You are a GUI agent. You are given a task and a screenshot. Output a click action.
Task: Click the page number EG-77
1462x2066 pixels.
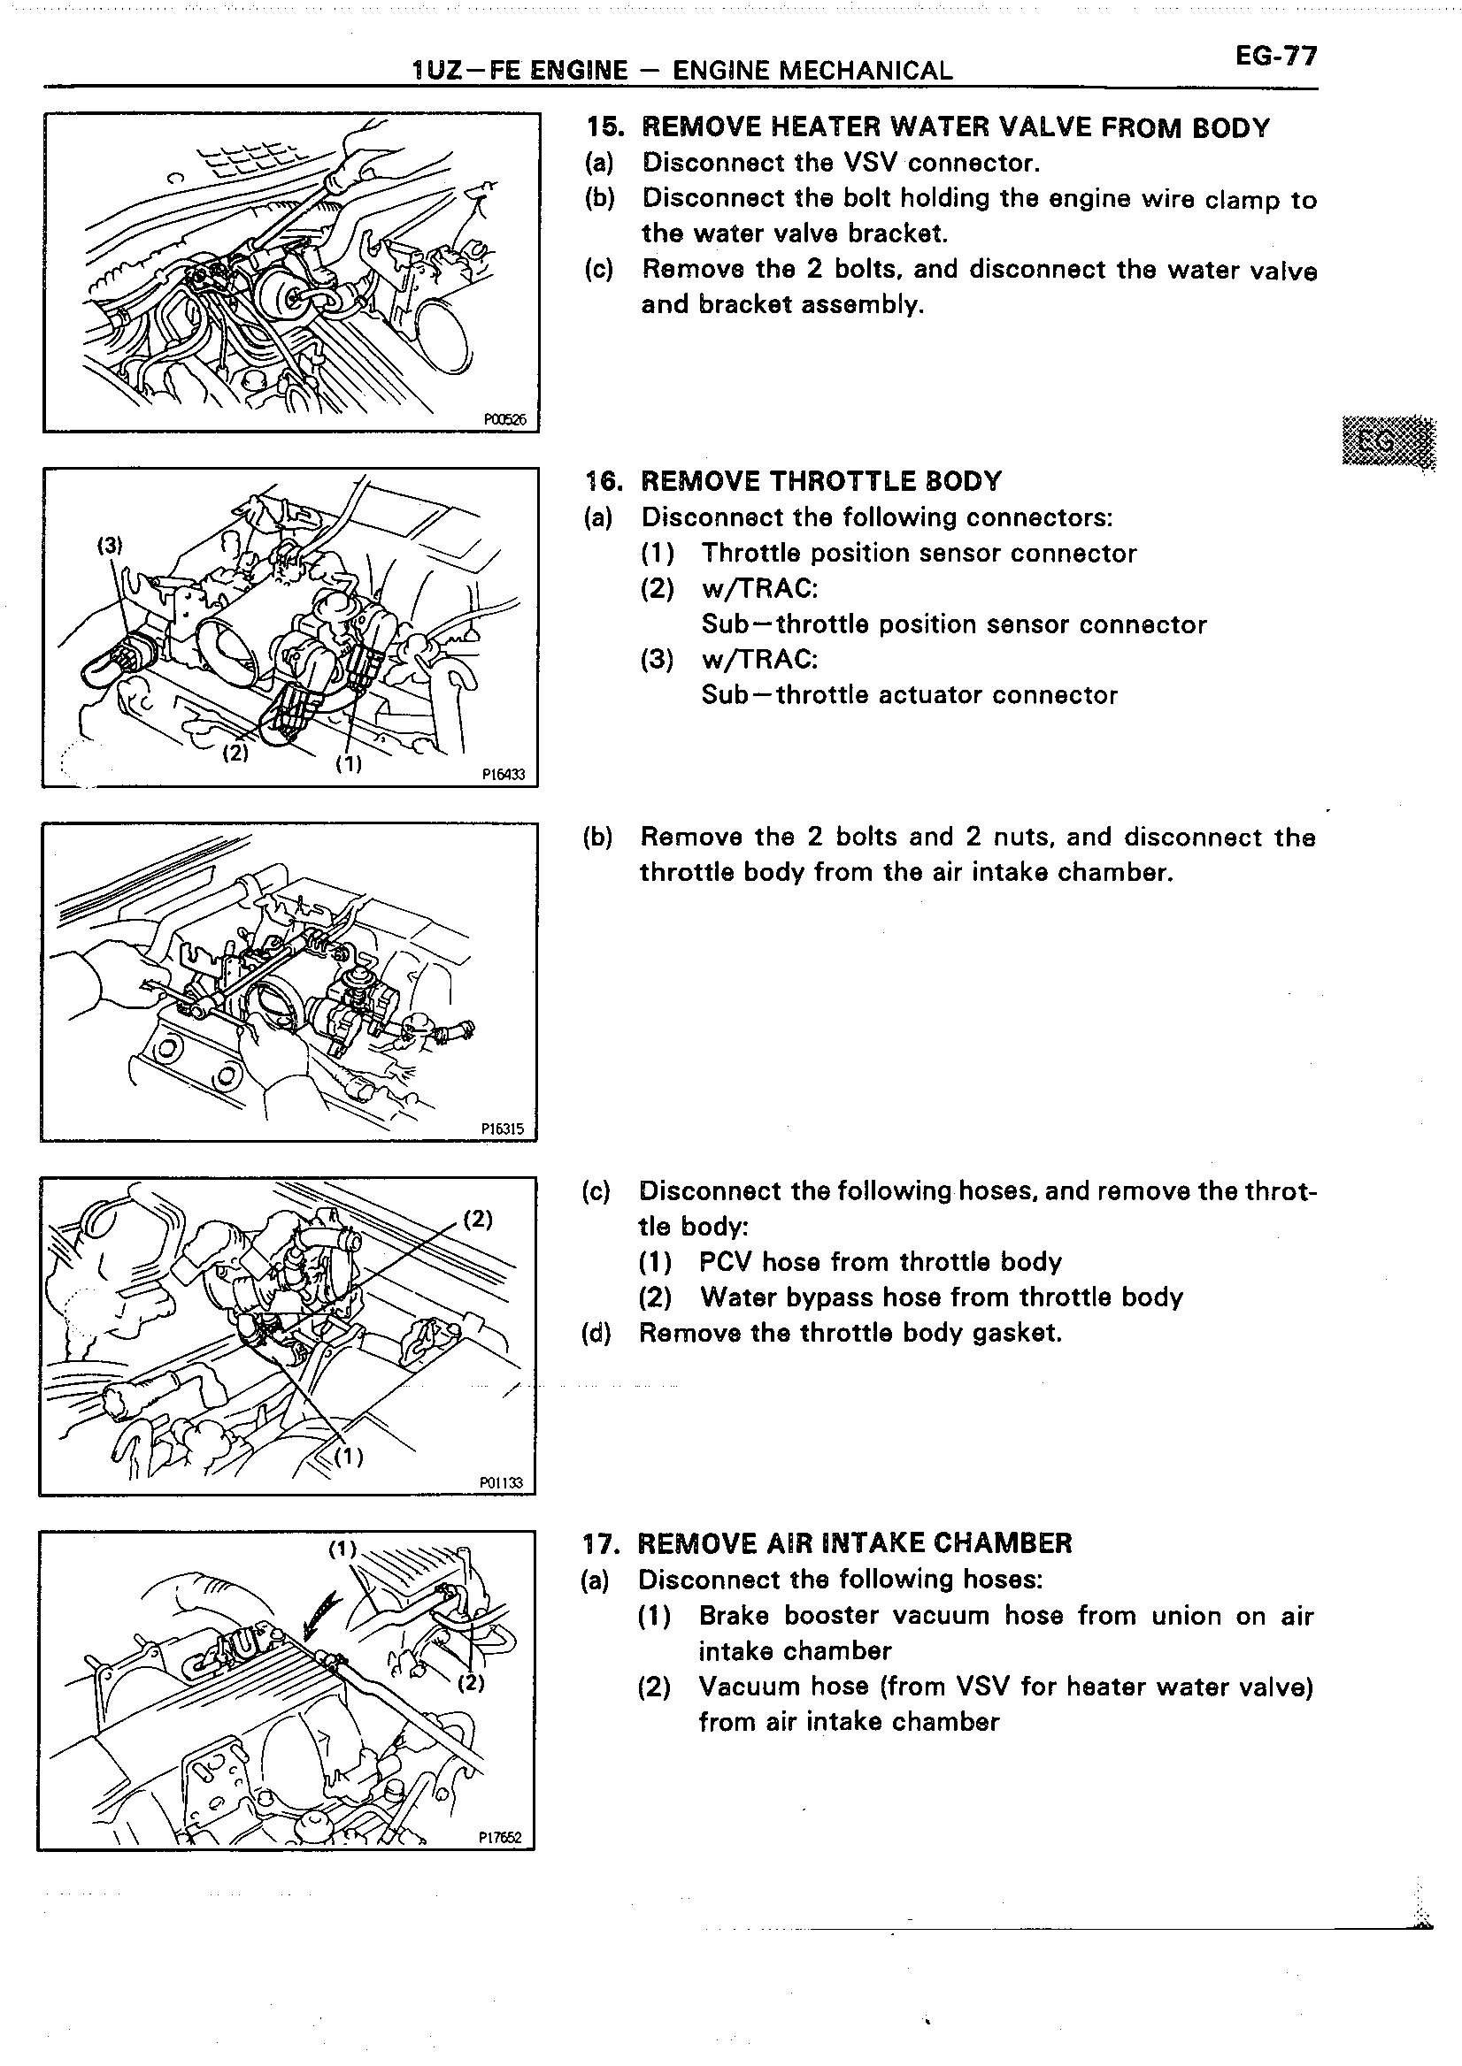pyautogui.click(x=1275, y=57)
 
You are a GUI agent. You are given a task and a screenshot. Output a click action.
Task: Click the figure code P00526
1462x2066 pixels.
pyautogui.click(x=504, y=418)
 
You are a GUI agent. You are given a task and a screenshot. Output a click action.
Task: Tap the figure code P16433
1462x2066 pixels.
pyautogui.click(x=504, y=774)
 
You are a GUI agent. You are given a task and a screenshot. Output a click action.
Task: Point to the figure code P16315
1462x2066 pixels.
pyautogui.click(x=503, y=1129)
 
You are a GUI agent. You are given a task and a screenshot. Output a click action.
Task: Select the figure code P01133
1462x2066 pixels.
pyautogui.click(x=502, y=1483)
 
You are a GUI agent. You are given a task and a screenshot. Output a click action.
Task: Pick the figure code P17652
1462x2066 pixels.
pyautogui.click(x=501, y=1839)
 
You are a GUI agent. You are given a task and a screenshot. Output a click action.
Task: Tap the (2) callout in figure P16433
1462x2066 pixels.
pyautogui.click(x=235, y=753)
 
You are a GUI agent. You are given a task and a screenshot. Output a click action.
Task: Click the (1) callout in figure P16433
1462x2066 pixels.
pyautogui.click(x=349, y=764)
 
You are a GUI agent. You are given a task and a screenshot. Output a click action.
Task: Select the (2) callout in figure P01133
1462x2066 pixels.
pyautogui.click(x=478, y=1220)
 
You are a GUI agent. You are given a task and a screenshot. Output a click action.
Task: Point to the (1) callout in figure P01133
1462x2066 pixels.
pyautogui.click(x=350, y=1457)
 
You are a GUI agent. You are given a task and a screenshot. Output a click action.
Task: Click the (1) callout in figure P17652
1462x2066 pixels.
pyautogui.click(x=342, y=1549)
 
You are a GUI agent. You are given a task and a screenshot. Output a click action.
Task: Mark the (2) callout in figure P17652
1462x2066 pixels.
pyautogui.click(x=471, y=1683)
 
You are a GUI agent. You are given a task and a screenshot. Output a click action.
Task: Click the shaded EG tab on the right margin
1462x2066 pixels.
pyautogui.click(x=1387, y=443)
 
